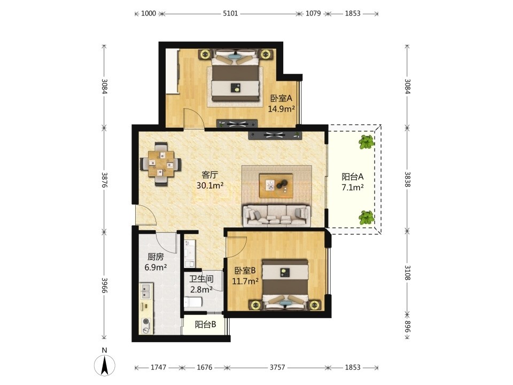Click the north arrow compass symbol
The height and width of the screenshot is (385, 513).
pyautogui.click(x=104, y=365)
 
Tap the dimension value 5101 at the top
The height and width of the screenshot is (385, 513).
pyautogui.click(x=230, y=13)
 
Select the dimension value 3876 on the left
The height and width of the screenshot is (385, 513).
pyautogui.click(x=104, y=180)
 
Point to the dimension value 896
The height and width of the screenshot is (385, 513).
pyautogui.click(x=407, y=326)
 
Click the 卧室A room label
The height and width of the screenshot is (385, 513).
pyautogui.click(x=281, y=98)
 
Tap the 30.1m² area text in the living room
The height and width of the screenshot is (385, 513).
pyautogui.click(x=210, y=186)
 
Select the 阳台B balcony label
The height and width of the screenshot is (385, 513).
pyautogui.click(x=205, y=325)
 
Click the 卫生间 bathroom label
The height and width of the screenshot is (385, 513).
pyautogui.click(x=201, y=279)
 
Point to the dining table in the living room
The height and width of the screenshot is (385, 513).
pyautogui.click(x=161, y=164)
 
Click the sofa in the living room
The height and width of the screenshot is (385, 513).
pyautogui.click(x=277, y=215)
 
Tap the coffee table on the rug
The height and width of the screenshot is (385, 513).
pyautogui.click(x=276, y=186)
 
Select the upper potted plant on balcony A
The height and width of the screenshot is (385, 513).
pyautogui.click(x=367, y=142)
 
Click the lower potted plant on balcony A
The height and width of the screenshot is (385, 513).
pyautogui.click(x=367, y=218)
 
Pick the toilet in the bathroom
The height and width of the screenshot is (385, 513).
pyautogui.click(x=193, y=302)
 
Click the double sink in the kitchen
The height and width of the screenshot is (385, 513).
pyautogui.click(x=146, y=292)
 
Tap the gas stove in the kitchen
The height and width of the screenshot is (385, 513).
pyautogui.click(x=147, y=326)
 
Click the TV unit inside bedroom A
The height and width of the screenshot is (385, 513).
pyautogui.click(x=237, y=124)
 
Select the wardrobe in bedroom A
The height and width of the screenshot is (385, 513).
pyautogui.click(x=172, y=72)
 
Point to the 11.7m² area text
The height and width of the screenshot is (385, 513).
pyautogui.click(x=245, y=281)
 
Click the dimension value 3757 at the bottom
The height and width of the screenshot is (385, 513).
pyautogui.click(x=277, y=367)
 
